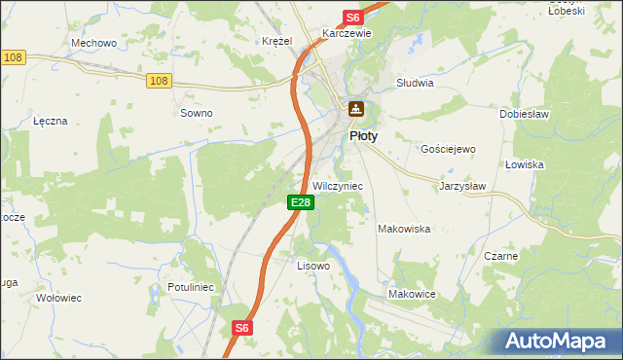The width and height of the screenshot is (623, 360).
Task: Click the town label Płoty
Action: [x=363, y=137]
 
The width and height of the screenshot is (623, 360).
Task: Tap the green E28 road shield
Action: [x=300, y=202]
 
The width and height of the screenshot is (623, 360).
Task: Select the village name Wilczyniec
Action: [x=338, y=186]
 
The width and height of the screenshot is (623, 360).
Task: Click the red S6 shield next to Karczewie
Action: [x=352, y=18]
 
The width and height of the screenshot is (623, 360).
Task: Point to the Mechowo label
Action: [x=94, y=43]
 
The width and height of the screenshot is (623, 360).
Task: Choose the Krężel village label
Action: [x=277, y=41]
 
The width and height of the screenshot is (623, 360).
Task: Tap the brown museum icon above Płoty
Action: [x=356, y=109]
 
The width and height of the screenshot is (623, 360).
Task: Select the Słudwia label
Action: [x=415, y=83]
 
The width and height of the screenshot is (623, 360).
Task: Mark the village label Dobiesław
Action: [x=526, y=114]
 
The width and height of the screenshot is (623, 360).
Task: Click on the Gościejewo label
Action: [x=447, y=149]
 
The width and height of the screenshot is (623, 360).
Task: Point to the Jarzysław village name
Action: [x=462, y=185]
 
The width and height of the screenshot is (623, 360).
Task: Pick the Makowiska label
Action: [x=404, y=229]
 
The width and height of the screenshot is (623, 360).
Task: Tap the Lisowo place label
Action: [x=313, y=265]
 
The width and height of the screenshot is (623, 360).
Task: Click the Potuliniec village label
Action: [x=191, y=288]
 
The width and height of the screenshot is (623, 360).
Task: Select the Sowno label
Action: [x=197, y=113]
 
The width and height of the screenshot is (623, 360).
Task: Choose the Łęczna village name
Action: [x=50, y=121]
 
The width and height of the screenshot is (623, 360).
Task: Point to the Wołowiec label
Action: [x=57, y=297]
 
